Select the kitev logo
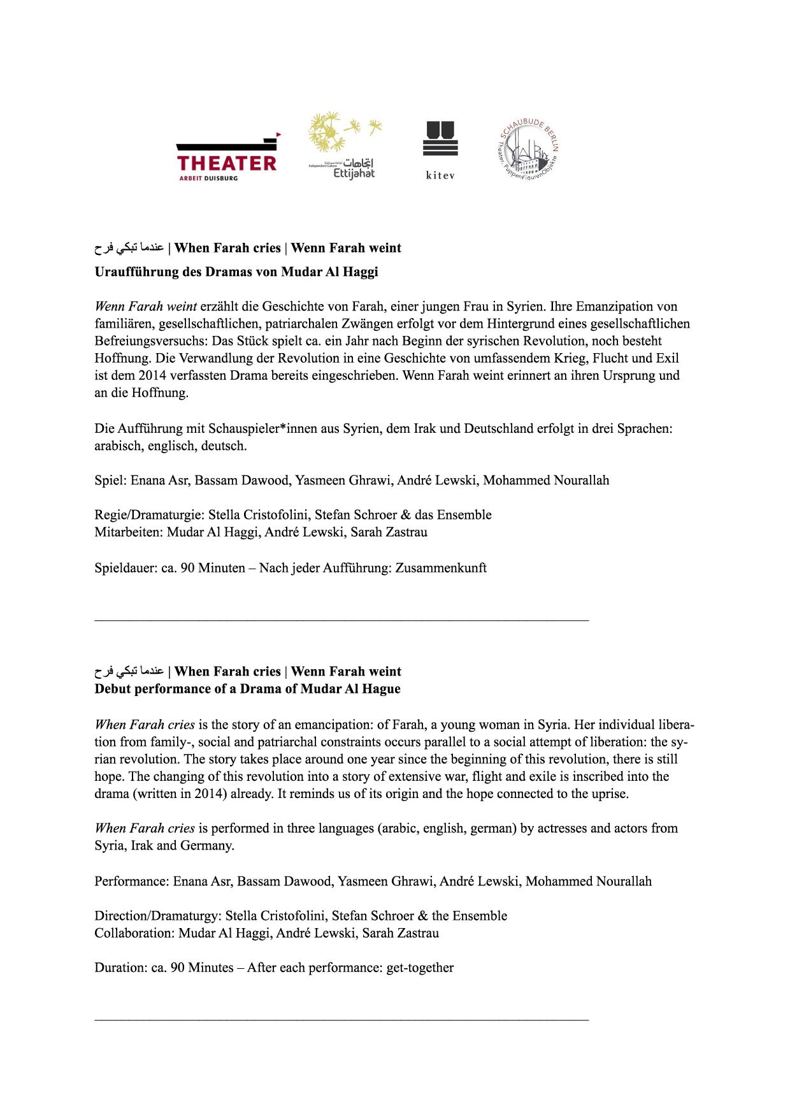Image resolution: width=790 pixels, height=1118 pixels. click(x=440, y=150)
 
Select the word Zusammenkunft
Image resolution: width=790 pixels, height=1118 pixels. click(x=441, y=567)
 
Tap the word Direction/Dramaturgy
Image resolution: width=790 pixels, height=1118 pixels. click(x=157, y=916)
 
